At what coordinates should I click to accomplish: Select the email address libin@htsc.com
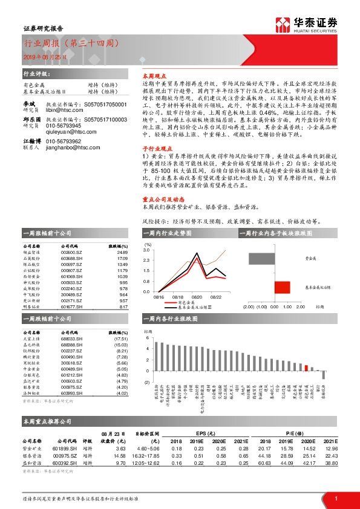tap(62, 113)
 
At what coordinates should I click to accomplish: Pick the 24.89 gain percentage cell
tap(122, 252)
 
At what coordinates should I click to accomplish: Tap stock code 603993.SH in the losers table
tap(73, 393)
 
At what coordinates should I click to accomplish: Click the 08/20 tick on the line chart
tap(197, 297)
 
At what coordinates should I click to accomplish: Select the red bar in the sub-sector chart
tap(281, 287)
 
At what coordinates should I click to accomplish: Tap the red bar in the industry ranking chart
tap(307, 366)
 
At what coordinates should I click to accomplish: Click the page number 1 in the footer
tap(335, 498)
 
